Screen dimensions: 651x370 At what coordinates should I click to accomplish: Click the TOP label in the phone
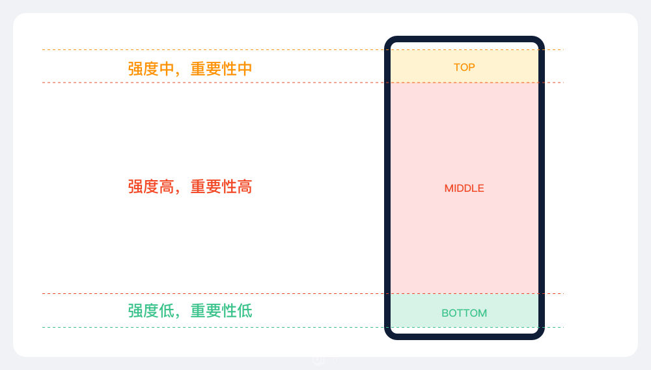(x=464, y=67)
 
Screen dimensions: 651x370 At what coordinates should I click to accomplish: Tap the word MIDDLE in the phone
(x=464, y=189)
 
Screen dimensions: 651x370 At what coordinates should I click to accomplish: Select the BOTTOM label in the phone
(x=464, y=313)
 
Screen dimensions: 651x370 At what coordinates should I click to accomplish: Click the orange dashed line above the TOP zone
(x=303, y=50)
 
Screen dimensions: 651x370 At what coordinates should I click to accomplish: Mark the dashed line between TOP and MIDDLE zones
(x=303, y=83)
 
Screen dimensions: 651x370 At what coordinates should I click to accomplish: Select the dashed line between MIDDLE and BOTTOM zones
(x=303, y=294)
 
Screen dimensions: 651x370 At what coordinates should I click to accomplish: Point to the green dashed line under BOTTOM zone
(x=303, y=328)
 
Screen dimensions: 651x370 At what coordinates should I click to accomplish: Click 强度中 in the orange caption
(x=151, y=69)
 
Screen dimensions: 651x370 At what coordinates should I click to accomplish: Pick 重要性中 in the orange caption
(x=221, y=69)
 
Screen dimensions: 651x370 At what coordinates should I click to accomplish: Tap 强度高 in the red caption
(x=151, y=187)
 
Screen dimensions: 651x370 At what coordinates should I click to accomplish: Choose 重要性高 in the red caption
(x=221, y=187)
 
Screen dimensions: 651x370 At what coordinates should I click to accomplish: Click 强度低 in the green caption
(x=151, y=311)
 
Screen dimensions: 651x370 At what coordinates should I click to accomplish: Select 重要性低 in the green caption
(x=221, y=311)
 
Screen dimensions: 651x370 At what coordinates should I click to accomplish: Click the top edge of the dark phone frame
(x=465, y=39)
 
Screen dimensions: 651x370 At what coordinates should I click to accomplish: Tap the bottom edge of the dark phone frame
(x=465, y=336)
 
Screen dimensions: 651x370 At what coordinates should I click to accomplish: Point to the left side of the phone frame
(x=387, y=188)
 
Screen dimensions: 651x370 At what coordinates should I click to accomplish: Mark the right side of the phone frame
(x=542, y=188)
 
